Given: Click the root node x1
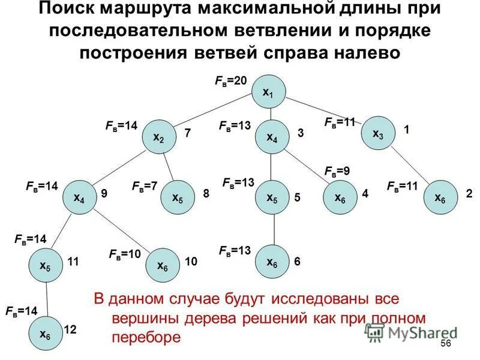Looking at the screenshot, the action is [x=271, y=92].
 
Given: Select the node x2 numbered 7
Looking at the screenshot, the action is [x=159, y=137].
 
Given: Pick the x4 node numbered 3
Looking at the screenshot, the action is [x=272, y=137].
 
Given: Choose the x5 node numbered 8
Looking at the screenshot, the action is [x=178, y=197].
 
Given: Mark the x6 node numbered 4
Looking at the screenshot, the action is [x=340, y=197].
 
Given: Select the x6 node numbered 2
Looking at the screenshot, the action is [x=440, y=197].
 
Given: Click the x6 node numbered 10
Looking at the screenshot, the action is [x=163, y=265].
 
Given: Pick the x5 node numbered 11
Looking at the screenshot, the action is [x=46, y=265].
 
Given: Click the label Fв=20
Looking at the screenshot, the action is [x=231, y=80].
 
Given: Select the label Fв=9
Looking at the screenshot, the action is [x=337, y=171].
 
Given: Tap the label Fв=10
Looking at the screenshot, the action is [x=125, y=254].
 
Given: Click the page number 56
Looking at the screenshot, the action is [x=445, y=343].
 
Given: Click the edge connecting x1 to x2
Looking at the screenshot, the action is [x=215, y=115].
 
